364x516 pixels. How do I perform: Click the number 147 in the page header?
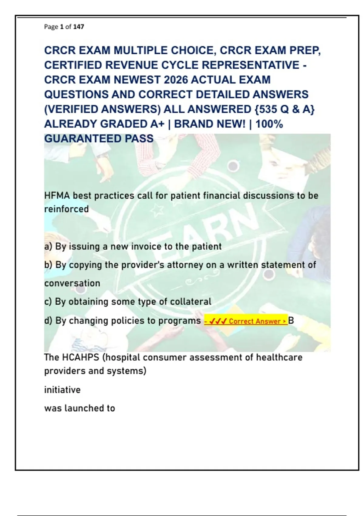79,27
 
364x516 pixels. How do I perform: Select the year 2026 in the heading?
175,80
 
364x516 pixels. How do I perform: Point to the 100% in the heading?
269,124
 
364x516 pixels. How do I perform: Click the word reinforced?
66,209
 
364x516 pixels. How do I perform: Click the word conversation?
72,283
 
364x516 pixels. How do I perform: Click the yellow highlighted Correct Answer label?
246,321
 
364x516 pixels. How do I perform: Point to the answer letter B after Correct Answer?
291,321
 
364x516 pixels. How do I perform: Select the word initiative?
62,390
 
